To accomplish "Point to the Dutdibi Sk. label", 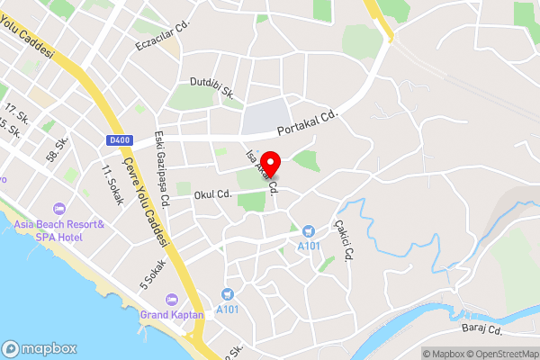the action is [211, 87].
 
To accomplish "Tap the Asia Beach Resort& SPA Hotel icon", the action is [60, 209].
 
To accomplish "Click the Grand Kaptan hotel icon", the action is [173, 299].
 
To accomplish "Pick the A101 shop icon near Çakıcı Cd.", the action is [308, 231].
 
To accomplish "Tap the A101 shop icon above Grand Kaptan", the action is [227, 293].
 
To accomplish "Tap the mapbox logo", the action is [40, 348].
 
